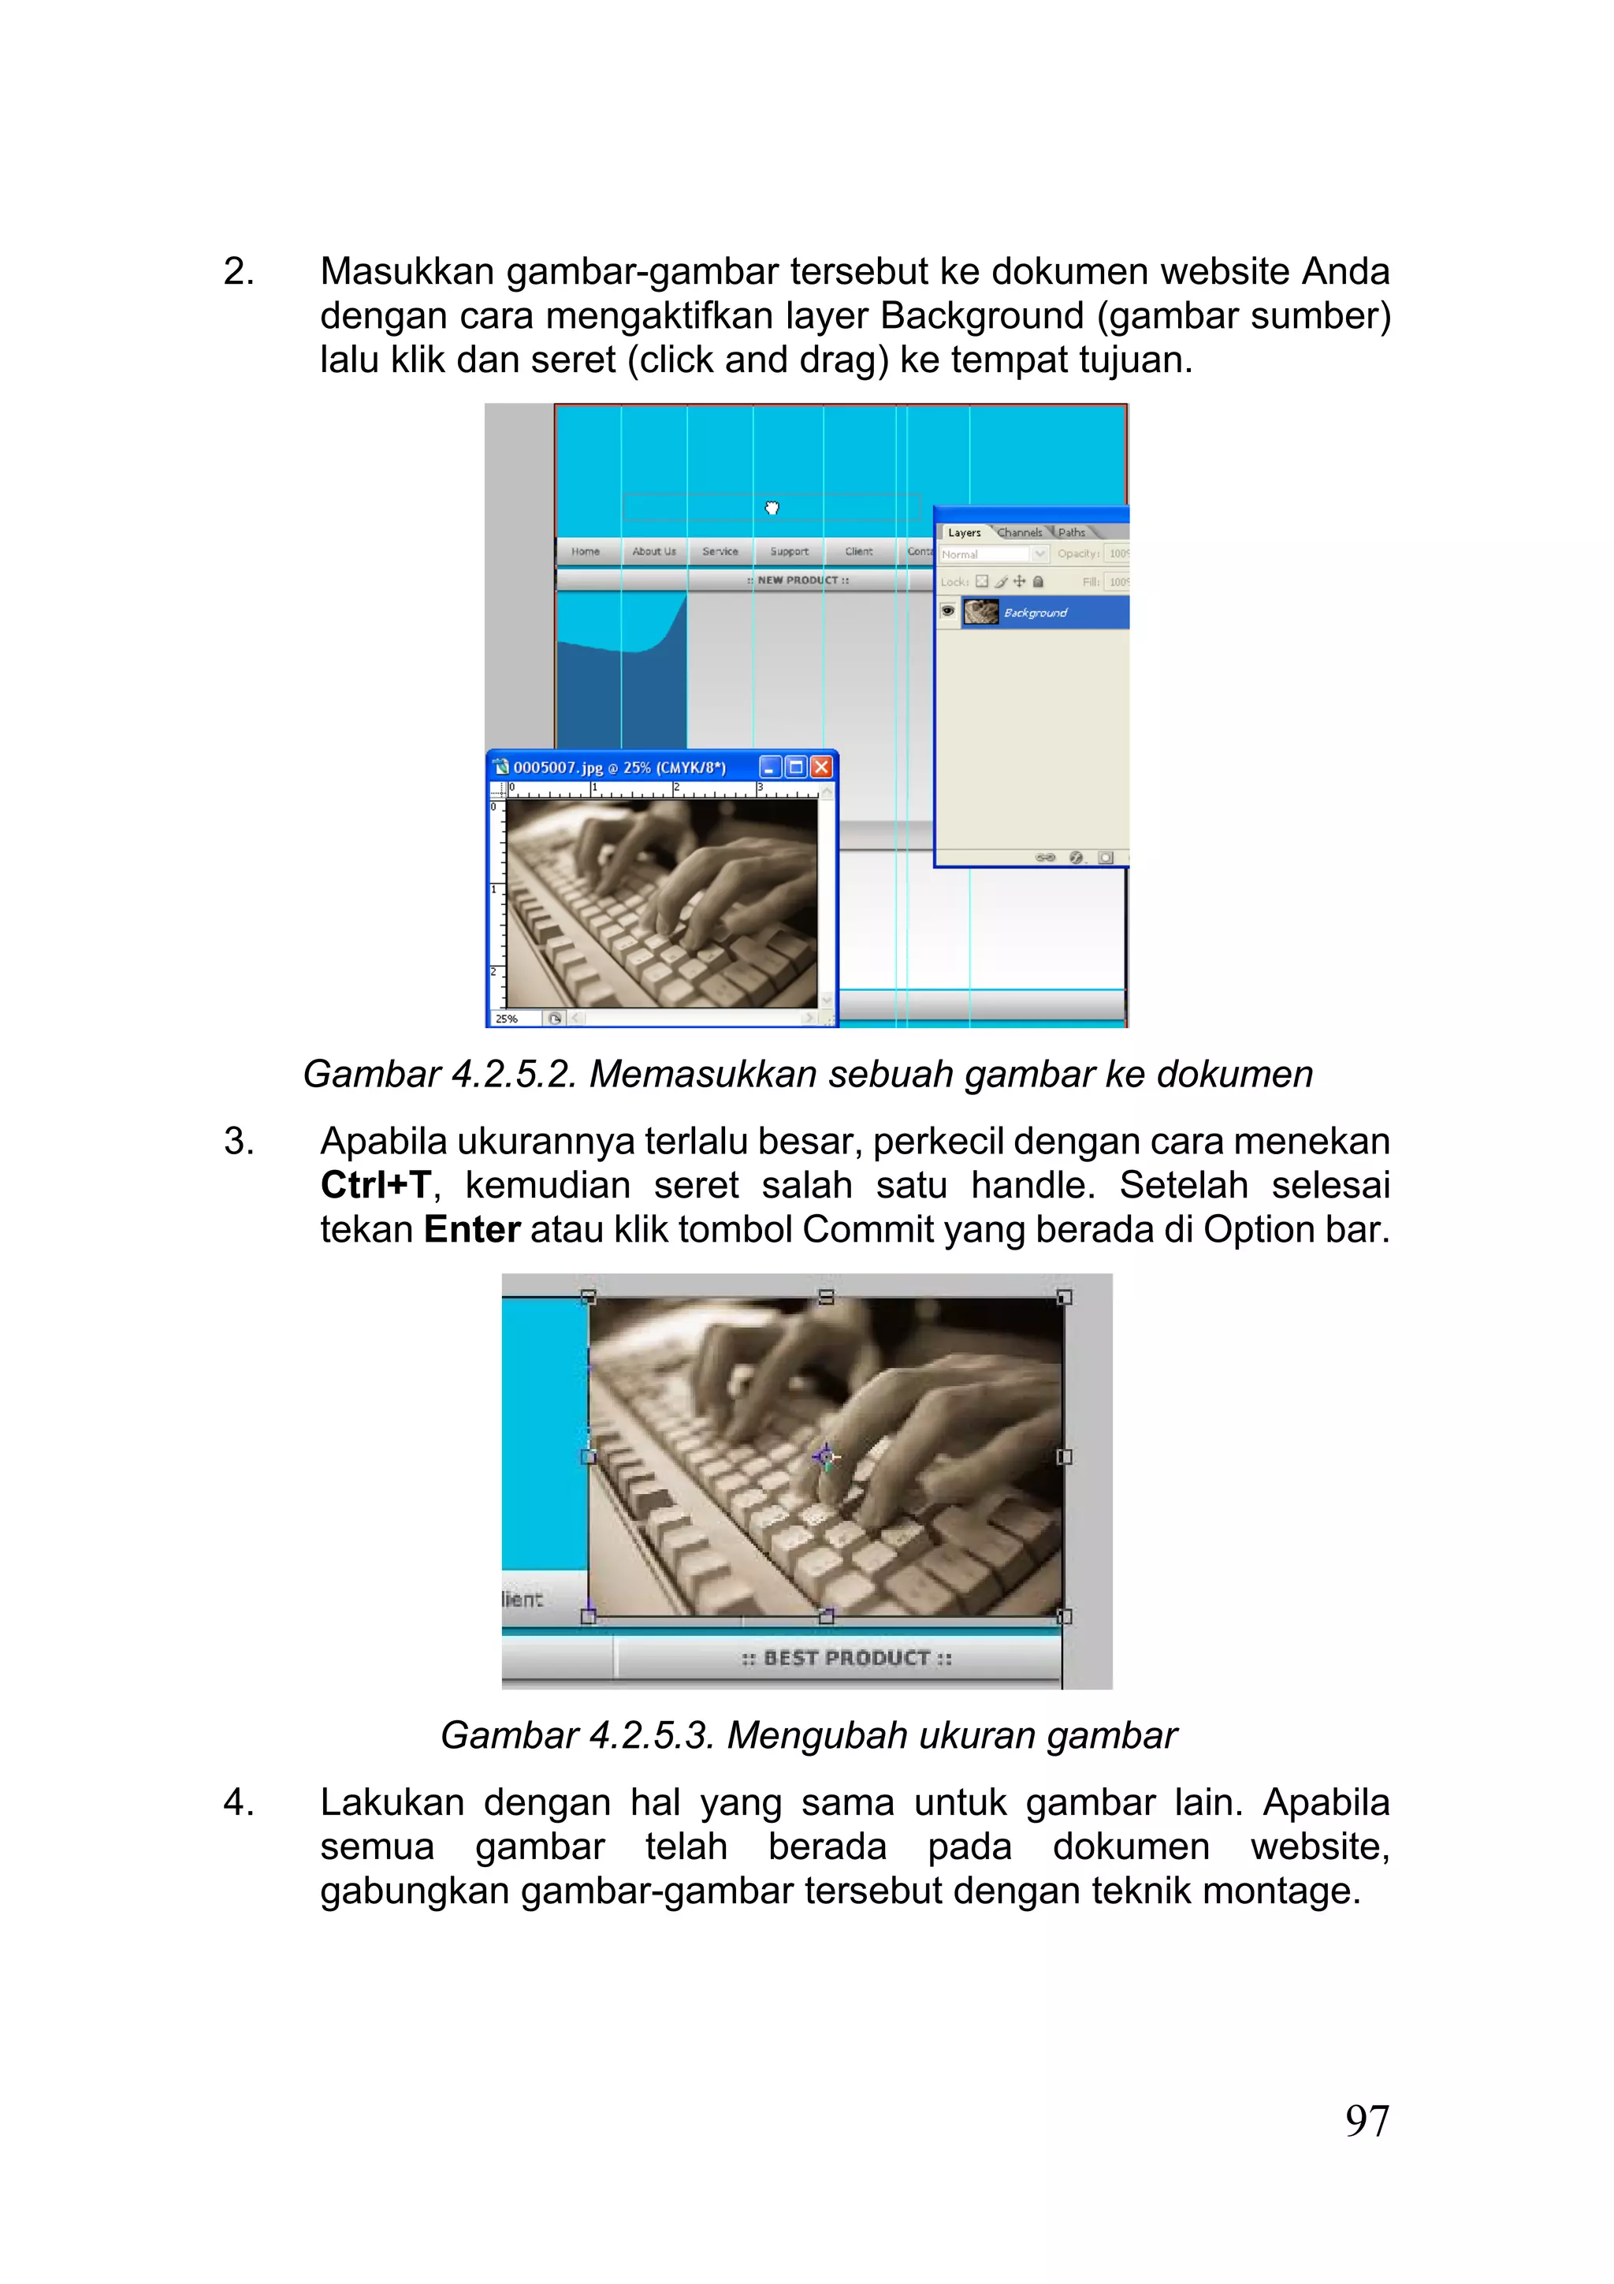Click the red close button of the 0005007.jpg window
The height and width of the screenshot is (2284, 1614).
point(820,767)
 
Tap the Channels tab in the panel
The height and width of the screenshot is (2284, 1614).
point(1019,532)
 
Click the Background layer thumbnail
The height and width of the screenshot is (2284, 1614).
point(980,612)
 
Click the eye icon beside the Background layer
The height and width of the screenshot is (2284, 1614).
point(948,611)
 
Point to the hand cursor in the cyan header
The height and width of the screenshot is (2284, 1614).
point(772,509)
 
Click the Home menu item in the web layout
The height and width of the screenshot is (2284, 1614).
point(585,551)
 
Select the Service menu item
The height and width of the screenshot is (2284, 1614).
point(720,551)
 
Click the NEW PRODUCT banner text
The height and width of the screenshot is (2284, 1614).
point(798,580)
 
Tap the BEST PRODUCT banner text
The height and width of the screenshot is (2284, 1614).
point(846,1658)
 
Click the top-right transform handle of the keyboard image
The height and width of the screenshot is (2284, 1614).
point(1064,1297)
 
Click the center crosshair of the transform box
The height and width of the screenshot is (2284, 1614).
point(824,1457)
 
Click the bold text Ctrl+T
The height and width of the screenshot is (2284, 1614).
point(375,1186)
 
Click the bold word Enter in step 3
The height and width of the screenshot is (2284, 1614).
point(471,1231)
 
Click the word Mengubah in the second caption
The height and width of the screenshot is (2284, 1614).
point(801,1735)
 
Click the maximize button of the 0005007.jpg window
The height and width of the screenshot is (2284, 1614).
point(795,767)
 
